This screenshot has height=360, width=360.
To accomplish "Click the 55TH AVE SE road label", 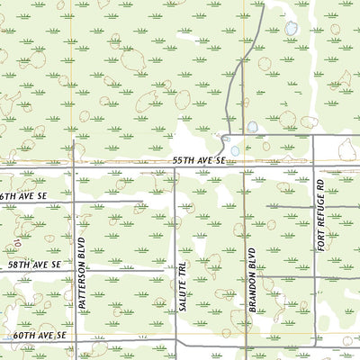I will tap(199, 160).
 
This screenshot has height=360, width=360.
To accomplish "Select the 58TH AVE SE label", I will tap(31, 265).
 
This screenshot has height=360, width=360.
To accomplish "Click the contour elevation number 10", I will tap(17, 242).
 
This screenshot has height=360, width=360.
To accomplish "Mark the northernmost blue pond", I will tap(290, 31).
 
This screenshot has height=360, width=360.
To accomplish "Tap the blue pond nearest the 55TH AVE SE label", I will tap(235, 150).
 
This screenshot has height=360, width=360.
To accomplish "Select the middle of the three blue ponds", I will tap(253, 127).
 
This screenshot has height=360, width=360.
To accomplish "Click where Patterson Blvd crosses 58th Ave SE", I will tap(76, 269).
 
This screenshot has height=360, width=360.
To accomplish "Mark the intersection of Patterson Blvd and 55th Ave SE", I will tap(76, 167).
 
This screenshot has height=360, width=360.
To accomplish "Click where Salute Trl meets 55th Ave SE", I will tap(175, 167).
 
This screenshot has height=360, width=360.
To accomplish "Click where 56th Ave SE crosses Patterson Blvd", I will tap(76, 201).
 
